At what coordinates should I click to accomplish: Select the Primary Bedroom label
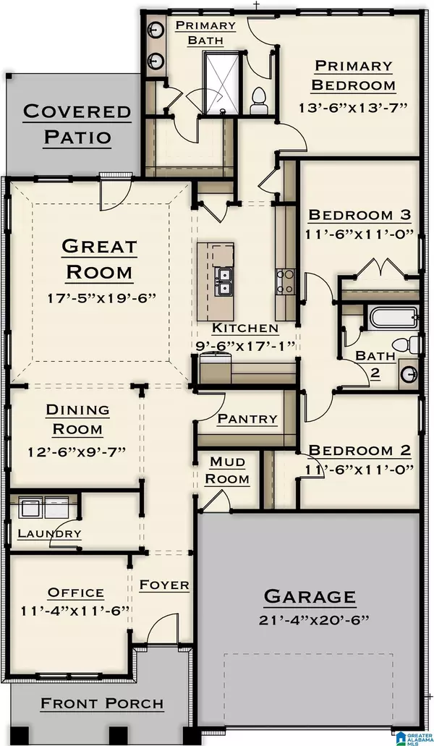(354, 75)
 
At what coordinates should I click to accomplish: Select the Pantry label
(247, 418)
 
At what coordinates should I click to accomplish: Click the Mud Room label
(229, 470)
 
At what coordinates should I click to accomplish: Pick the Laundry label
(49, 533)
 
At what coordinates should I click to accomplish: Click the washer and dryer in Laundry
(43, 507)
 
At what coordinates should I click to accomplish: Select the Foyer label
(164, 584)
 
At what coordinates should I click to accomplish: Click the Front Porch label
(101, 703)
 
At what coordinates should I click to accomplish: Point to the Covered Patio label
(77, 124)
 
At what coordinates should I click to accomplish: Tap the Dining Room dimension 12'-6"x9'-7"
(77, 451)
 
